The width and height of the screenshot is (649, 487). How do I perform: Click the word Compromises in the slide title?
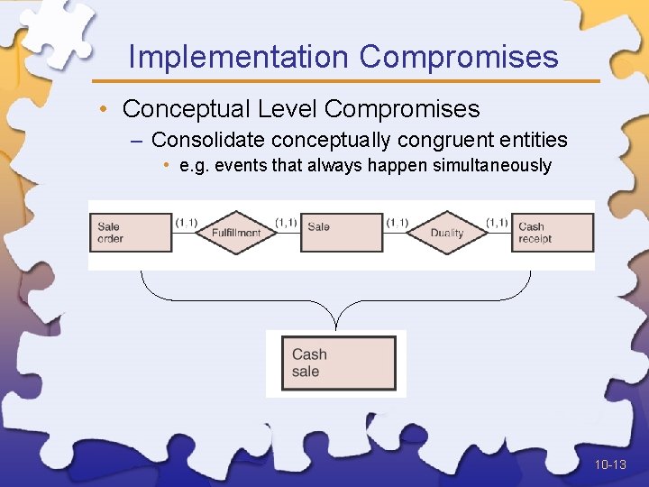459,57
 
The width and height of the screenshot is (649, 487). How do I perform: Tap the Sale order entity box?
130,233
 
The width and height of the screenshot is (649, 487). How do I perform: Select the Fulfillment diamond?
236,233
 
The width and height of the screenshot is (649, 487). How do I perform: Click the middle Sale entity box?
342,233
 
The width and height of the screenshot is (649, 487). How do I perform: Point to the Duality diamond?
447,233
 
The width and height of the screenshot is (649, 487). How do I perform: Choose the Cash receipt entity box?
553,233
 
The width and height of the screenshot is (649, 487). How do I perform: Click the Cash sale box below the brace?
339,363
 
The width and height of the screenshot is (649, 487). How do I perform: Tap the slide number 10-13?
610,464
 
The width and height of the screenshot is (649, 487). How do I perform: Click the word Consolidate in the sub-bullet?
208,140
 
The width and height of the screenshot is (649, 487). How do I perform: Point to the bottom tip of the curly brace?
336,326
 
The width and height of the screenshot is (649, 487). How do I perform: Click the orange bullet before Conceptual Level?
105,110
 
